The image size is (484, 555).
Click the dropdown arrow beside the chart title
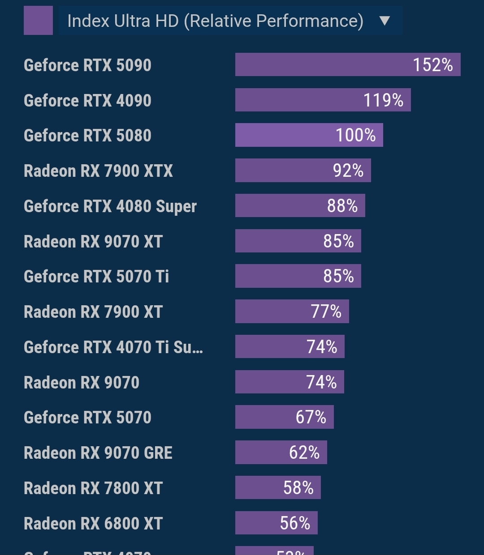click(385, 21)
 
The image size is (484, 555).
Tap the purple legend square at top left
click(38, 21)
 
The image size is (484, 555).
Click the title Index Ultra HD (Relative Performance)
click(215, 21)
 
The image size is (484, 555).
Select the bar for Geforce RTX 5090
click(347, 64)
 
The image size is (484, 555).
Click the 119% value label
click(383, 100)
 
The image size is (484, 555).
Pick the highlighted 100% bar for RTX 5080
click(309, 135)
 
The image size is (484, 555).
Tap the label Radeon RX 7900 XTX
click(98, 171)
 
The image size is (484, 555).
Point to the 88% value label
click(342, 206)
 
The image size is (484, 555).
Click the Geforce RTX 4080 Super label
click(110, 206)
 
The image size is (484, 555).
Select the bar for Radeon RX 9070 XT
click(298, 241)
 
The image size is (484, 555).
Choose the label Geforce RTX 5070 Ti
click(96, 277)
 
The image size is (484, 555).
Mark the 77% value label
click(326, 312)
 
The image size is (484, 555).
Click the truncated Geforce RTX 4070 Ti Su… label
click(113, 347)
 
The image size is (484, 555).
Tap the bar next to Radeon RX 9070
click(290, 382)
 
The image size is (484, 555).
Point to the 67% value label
click(311, 417)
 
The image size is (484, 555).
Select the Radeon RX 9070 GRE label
click(98, 453)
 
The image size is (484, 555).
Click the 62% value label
click(304, 453)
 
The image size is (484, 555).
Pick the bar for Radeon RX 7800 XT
click(278, 487)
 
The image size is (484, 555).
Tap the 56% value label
click(295, 523)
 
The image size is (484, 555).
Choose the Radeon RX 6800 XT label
click(93, 523)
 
